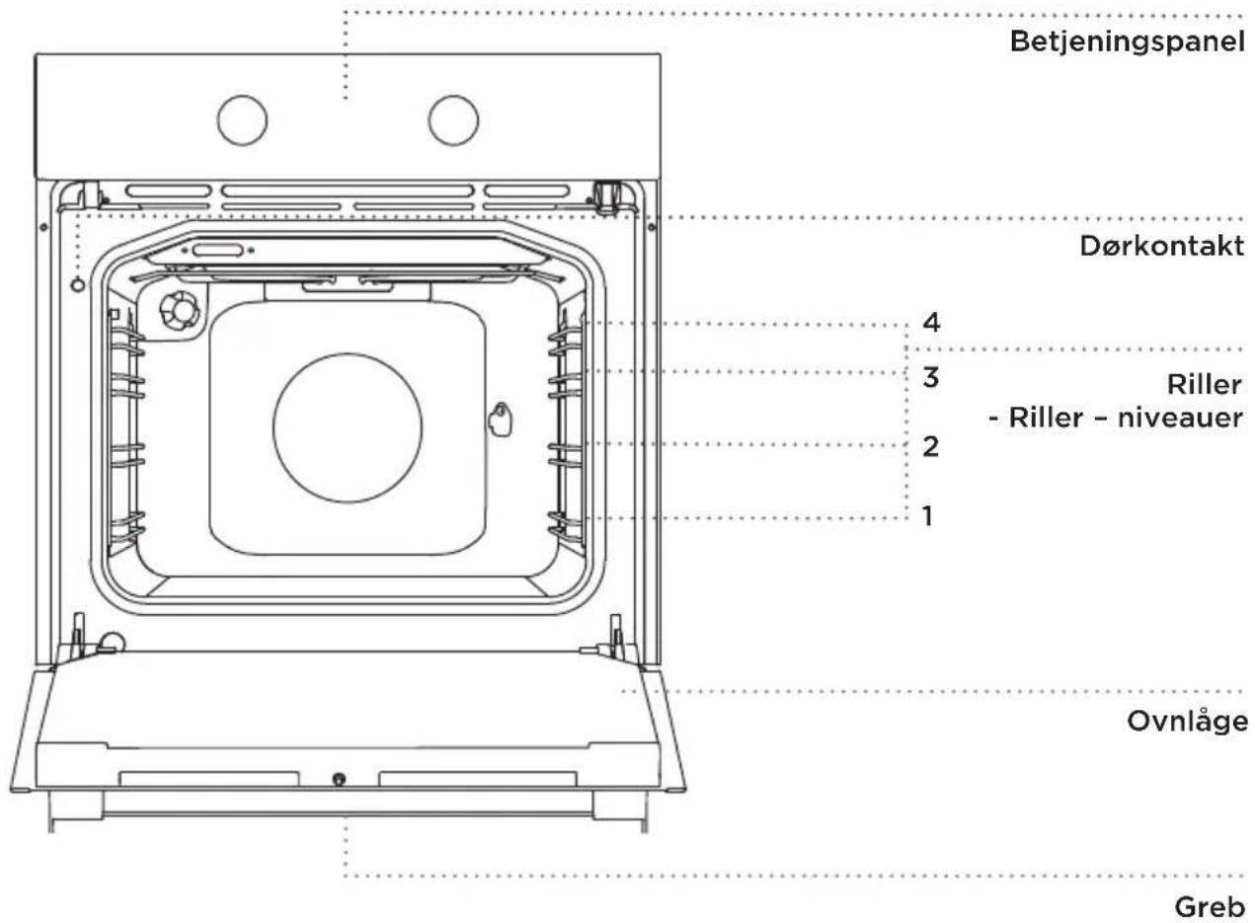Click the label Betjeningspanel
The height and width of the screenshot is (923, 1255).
pos(1128,42)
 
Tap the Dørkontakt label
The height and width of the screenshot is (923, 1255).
pos(1162,246)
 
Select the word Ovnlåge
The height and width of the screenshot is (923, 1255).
pos(1187,722)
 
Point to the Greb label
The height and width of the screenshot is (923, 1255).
pos(1210,907)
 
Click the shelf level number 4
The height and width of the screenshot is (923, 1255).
pos(931,323)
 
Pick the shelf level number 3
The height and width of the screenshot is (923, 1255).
pos(930,377)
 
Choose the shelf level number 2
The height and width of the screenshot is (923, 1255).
pos(930,446)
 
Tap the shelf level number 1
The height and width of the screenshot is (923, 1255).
pos(928,515)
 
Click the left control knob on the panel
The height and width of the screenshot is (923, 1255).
pos(243,120)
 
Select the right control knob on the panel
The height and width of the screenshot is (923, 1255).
pos(453,120)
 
